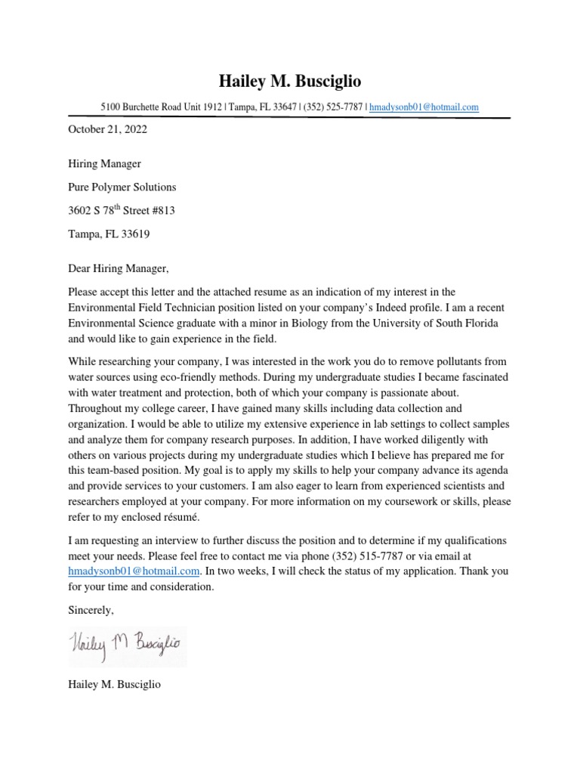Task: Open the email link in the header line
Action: click(424, 107)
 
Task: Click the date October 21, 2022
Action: click(107, 129)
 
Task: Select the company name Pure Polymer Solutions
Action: click(122, 187)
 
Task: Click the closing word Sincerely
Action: click(91, 609)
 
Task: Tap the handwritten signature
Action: click(127, 645)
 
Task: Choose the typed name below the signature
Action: click(114, 685)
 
